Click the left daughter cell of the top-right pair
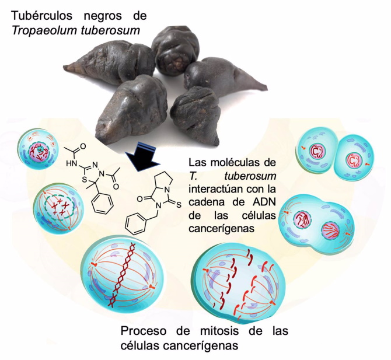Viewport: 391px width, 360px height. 317,153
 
